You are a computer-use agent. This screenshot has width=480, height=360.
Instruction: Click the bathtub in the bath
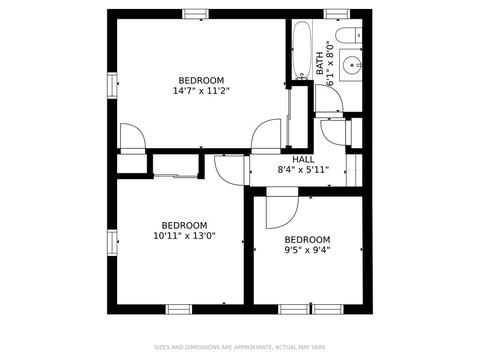(x=302, y=50)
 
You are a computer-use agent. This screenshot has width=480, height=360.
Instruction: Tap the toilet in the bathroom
(x=348, y=36)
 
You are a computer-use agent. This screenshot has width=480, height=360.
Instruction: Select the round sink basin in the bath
(x=351, y=65)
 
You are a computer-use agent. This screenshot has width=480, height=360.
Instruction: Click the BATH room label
(x=319, y=63)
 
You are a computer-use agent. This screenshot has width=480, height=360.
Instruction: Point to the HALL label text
(x=303, y=159)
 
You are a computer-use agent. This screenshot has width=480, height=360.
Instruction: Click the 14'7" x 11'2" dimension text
(x=201, y=91)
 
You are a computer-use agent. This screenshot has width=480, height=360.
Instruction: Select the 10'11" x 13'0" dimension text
(x=184, y=236)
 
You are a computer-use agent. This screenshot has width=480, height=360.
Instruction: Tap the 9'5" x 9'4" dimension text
(x=307, y=250)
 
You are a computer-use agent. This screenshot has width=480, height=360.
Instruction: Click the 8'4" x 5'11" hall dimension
(x=303, y=170)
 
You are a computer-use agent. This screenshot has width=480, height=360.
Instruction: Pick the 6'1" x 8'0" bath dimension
(x=330, y=63)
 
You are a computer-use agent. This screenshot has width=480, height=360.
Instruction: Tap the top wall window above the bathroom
(x=337, y=14)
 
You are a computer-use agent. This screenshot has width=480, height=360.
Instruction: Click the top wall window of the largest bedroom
(x=196, y=14)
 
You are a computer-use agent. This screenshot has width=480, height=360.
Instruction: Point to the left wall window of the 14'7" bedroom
(x=112, y=85)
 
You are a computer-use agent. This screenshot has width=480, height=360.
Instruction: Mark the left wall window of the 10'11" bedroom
(x=112, y=243)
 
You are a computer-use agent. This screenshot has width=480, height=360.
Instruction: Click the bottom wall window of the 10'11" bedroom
(x=179, y=309)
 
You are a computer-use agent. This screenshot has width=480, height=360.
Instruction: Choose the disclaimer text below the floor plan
(x=240, y=347)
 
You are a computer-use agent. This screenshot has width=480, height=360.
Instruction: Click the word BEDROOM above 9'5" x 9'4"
(x=307, y=240)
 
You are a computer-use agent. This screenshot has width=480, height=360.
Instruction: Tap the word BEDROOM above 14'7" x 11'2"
(x=201, y=81)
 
